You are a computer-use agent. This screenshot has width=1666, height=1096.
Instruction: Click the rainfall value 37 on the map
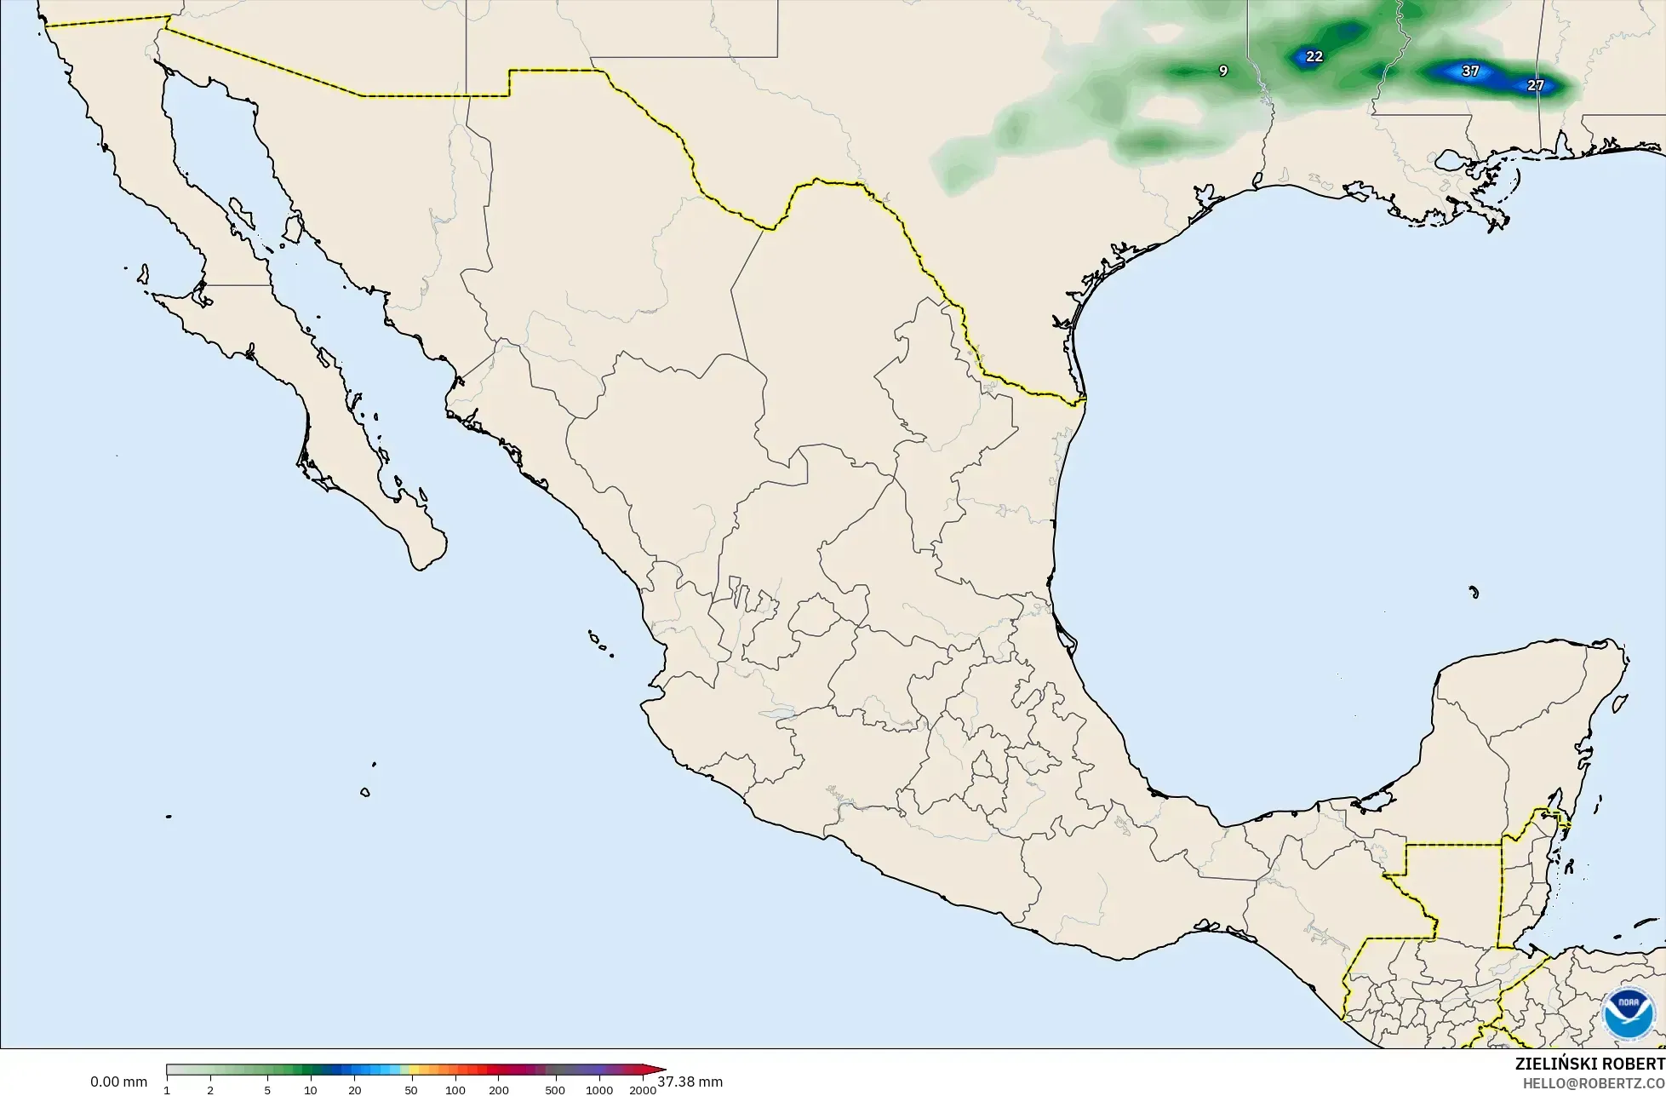(1470, 72)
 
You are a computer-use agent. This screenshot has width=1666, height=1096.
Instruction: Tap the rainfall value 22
(1314, 57)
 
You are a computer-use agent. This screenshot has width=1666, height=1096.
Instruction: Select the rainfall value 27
(1535, 86)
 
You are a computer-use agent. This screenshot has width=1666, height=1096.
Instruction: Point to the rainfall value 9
(1223, 72)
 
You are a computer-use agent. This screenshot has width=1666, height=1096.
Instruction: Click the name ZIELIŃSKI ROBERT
(1589, 1064)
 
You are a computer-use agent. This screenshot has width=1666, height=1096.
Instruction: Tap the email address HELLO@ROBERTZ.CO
(1594, 1083)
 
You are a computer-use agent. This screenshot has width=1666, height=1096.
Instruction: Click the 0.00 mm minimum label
(118, 1082)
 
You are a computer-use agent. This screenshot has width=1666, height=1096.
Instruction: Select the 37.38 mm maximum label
(690, 1082)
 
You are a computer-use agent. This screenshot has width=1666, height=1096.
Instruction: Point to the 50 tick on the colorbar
(411, 1090)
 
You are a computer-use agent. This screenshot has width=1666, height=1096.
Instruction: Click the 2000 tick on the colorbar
(643, 1090)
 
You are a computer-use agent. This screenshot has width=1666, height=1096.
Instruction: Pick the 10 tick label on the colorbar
(311, 1090)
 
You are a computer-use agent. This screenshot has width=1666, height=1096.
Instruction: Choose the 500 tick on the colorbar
(555, 1090)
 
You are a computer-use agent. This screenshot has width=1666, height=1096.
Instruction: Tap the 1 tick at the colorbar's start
(167, 1090)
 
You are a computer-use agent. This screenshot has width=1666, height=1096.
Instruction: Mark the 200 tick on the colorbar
(499, 1090)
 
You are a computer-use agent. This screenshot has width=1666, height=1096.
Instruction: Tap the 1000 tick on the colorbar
(599, 1090)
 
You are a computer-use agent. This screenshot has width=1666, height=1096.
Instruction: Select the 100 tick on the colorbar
(455, 1090)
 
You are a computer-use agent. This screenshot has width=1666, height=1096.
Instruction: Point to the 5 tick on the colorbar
(267, 1090)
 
